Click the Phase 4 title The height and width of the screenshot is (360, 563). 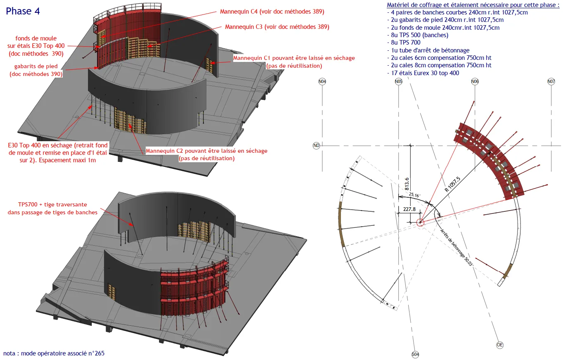pyautogui.click(x=23, y=11)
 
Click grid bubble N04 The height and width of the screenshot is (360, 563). pyautogui.click(x=322, y=81)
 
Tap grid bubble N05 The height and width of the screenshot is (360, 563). pyautogui.click(x=398, y=81)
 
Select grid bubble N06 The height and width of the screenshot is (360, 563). pyautogui.click(x=475, y=81)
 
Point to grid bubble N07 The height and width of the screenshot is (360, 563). pyautogui.click(x=551, y=81)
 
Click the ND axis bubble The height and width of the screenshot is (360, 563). pyautogui.click(x=316, y=146)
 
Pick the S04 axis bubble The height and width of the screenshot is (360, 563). pyautogui.click(x=415, y=355)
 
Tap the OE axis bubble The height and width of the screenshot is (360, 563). pyautogui.click(x=500, y=345)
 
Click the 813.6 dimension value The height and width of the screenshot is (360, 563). pyautogui.click(x=407, y=184)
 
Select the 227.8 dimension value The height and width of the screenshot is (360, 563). pyautogui.click(x=409, y=209)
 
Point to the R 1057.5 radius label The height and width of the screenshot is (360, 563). pyautogui.click(x=452, y=184)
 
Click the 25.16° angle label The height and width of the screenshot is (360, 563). pyautogui.click(x=414, y=195)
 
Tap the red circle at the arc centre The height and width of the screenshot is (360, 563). pyautogui.click(x=420, y=223)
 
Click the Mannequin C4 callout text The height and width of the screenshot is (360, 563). pyautogui.click(x=272, y=12)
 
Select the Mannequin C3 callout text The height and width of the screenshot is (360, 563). pyautogui.click(x=277, y=27)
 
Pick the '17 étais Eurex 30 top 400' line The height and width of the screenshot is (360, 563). pyautogui.click(x=423, y=73)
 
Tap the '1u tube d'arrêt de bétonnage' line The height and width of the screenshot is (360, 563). pyautogui.click(x=428, y=50)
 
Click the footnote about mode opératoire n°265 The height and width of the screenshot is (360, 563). pyautogui.click(x=54, y=353)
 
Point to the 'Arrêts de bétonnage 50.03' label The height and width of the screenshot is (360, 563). pyautogui.click(x=456, y=247)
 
